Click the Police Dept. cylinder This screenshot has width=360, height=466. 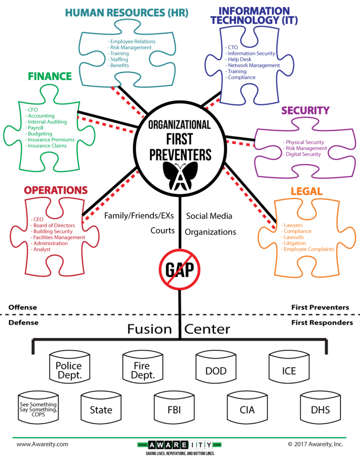coord(68,370)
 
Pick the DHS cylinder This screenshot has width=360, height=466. coord(320,409)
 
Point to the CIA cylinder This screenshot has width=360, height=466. coord(247,409)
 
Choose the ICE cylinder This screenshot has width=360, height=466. coord(289,370)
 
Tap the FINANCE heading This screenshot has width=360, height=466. coord(50,76)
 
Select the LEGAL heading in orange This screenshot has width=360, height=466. coord(307,191)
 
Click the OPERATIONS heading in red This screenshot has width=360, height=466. coord(56,190)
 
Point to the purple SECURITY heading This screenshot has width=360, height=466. coord(305,111)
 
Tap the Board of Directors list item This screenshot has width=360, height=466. coord(54,225)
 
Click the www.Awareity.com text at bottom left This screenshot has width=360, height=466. coord(42,443)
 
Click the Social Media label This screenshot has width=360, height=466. coord(209,216)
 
